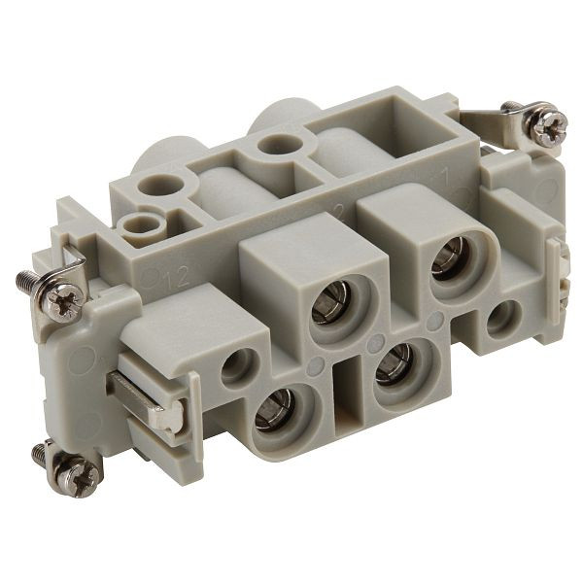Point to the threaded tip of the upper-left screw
(26, 281)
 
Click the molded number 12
(176, 281)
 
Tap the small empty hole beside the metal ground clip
(236, 366)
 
